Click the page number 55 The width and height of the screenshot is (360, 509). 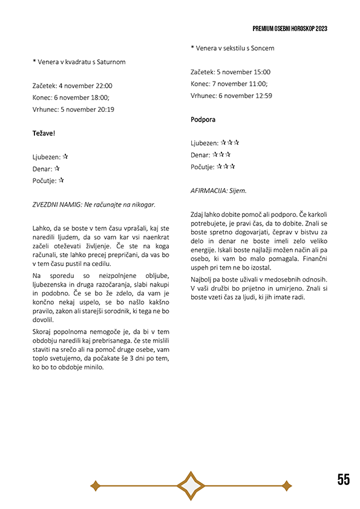[343, 479]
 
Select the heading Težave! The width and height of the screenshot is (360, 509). [44, 132]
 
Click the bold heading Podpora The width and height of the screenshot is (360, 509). [203, 120]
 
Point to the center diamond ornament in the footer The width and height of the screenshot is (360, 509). [191, 485]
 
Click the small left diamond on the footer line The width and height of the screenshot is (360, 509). [95, 485]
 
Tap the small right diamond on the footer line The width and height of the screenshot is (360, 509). [287, 485]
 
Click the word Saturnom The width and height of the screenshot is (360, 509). [110, 62]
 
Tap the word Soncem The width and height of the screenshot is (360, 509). [261, 48]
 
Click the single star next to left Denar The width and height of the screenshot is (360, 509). [57, 169]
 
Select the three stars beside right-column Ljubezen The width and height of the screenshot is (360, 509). [230, 143]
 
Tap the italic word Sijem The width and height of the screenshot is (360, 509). [238, 190]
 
